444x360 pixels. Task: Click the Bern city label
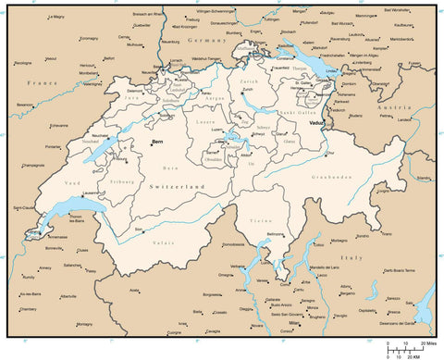click(159, 142)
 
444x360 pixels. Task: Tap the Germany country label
click(207, 42)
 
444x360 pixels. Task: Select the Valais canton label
click(163, 242)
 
